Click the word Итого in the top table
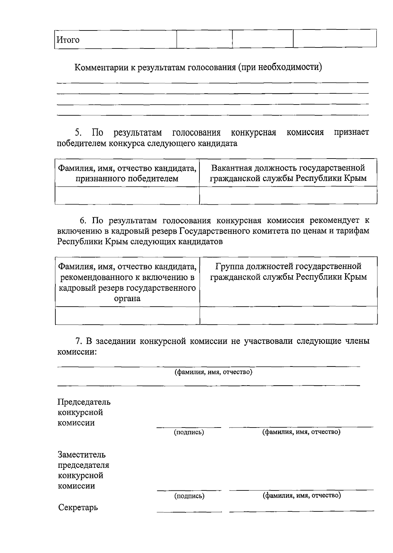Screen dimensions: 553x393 point(68,40)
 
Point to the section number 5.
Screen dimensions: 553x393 point(78,133)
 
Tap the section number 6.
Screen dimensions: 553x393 point(83,220)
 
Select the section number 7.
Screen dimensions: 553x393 point(78,341)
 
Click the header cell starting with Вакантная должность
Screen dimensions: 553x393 point(288,173)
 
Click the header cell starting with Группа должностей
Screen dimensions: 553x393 point(288,272)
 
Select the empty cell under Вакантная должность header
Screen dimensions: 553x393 point(288,195)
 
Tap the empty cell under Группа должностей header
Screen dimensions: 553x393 point(288,315)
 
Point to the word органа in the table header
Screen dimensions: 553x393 point(127,298)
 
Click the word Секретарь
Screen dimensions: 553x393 point(78,508)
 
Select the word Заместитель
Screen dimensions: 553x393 point(82,455)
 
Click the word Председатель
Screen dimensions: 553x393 point(84,402)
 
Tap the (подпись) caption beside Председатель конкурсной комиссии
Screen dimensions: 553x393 point(189,432)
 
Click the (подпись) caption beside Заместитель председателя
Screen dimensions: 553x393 point(189,496)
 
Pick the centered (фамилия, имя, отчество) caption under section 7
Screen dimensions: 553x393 point(213,372)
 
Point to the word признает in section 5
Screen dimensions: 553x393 point(351,133)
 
